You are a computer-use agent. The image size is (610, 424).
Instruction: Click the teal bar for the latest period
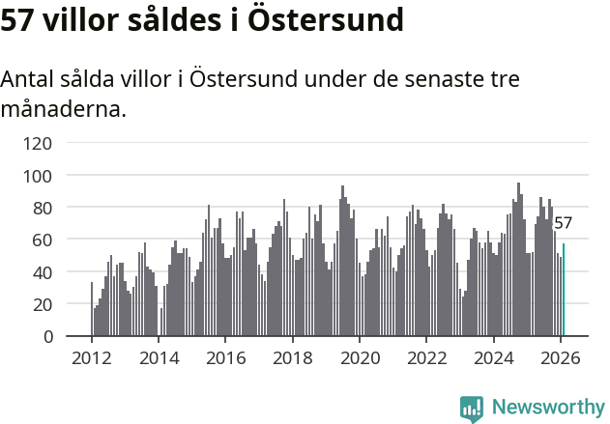564,290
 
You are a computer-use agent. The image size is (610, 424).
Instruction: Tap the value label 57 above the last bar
563,224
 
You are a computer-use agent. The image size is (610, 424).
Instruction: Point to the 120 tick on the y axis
38,144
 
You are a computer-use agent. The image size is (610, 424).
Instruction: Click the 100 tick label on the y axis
38,176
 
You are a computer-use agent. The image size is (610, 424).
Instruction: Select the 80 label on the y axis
43,208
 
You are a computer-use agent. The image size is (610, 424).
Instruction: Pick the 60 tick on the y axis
43,240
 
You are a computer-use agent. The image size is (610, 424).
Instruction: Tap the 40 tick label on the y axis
43,272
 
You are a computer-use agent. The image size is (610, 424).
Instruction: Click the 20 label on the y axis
43,304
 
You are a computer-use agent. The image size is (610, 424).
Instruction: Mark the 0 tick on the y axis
47,336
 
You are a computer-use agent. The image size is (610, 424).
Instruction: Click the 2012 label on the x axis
92,358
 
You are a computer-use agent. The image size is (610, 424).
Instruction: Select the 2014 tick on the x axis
159,358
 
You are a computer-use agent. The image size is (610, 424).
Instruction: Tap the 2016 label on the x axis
225,358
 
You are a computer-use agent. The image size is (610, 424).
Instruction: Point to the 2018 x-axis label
292,358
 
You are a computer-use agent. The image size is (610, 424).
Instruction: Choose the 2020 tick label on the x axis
359,358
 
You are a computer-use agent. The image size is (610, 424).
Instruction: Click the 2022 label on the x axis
425,358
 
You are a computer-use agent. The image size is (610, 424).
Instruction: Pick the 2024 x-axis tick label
493,358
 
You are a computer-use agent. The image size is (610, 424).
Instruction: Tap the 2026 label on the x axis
560,358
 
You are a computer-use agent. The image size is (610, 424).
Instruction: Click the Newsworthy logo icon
472,409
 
